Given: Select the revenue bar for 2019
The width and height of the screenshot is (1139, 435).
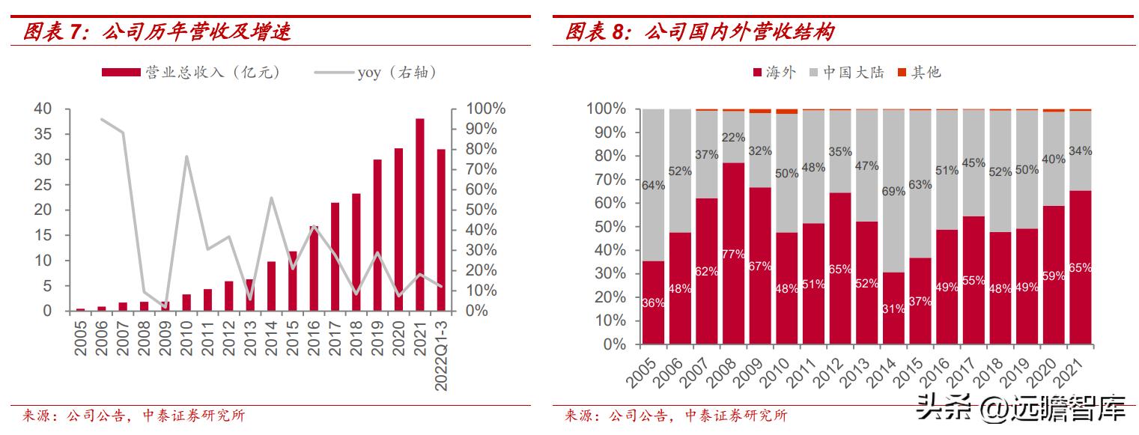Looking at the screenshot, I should pos(377,235).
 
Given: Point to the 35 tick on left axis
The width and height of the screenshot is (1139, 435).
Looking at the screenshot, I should pos(43,134).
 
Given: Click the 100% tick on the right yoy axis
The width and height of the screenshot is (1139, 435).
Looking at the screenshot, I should pos(486,109).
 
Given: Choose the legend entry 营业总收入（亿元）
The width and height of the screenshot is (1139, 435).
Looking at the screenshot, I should pos(190,72).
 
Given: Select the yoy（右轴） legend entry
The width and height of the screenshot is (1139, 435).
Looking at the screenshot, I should pos(374,72).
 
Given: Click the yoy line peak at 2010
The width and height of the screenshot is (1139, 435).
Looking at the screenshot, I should pos(186,156).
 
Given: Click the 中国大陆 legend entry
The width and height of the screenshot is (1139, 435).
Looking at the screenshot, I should pos(847,72).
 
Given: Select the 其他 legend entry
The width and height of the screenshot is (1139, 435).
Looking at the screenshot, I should pos(918,72).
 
